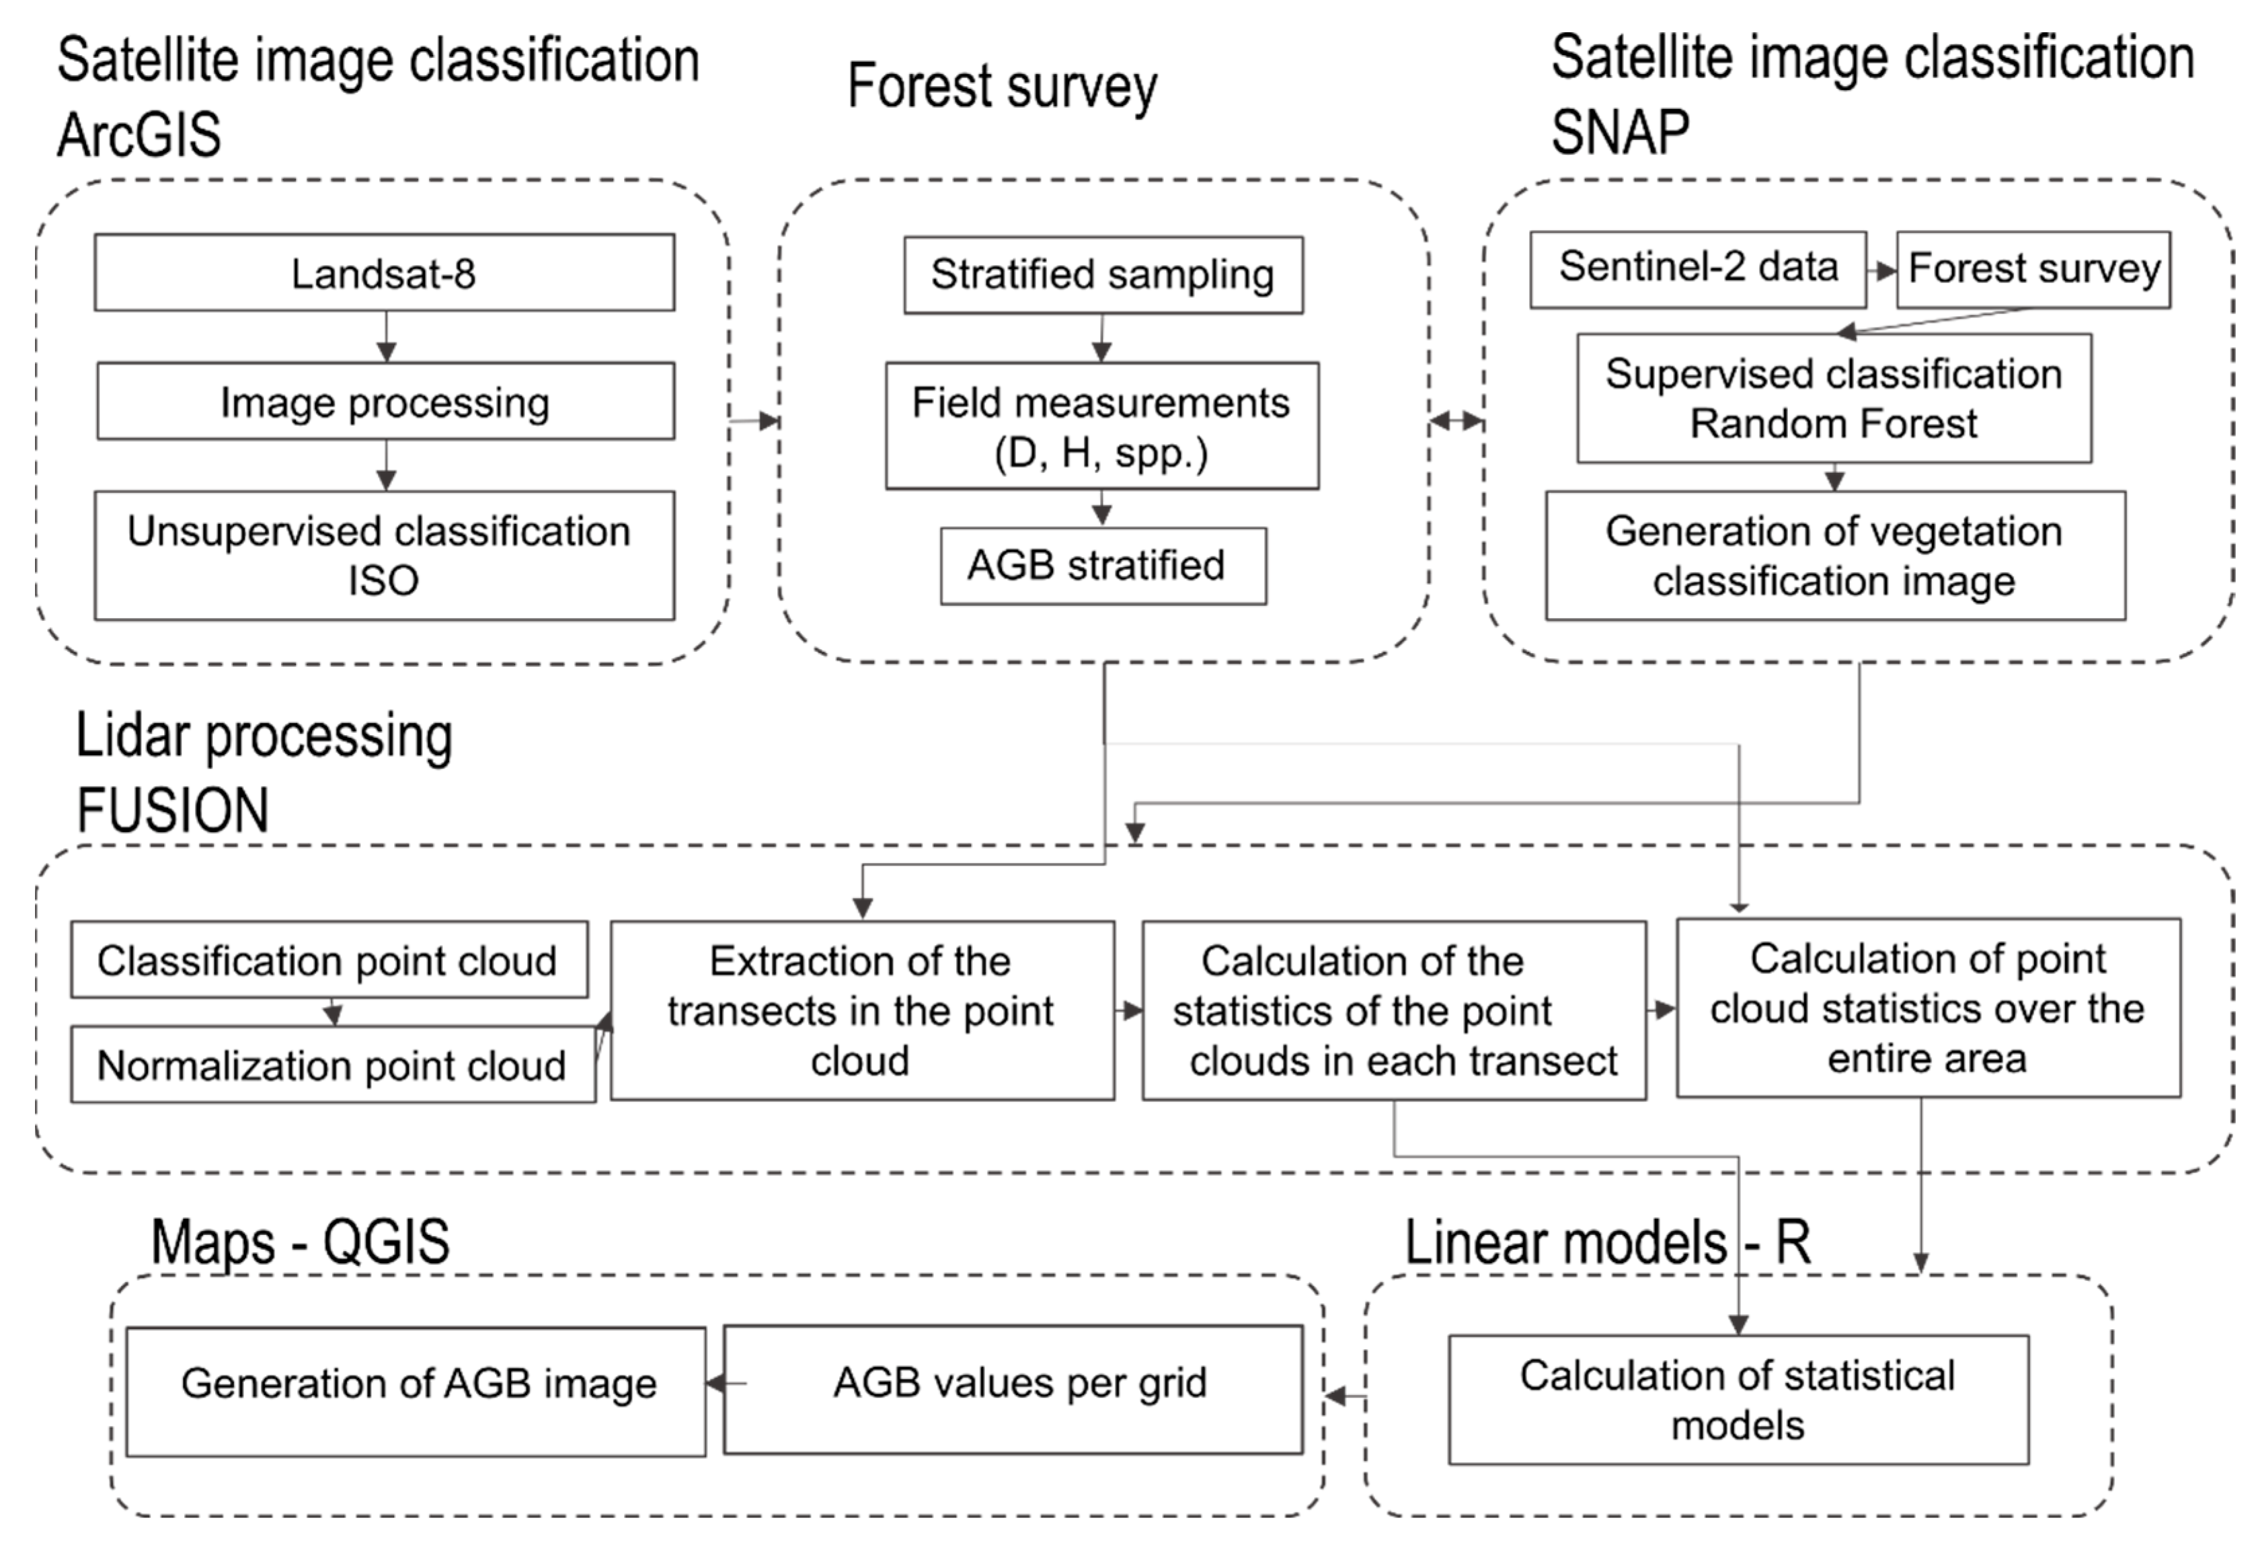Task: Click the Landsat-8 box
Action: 385,273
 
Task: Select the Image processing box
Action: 385,401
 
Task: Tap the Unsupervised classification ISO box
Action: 385,556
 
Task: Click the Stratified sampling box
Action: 1103,275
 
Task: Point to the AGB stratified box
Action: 1103,566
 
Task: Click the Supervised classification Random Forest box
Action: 1834,398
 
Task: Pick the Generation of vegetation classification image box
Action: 1834,556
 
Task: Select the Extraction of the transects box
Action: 862,1010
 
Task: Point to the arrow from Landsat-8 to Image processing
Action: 387,337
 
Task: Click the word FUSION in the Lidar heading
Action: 173,811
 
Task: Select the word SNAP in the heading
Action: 1619,132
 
